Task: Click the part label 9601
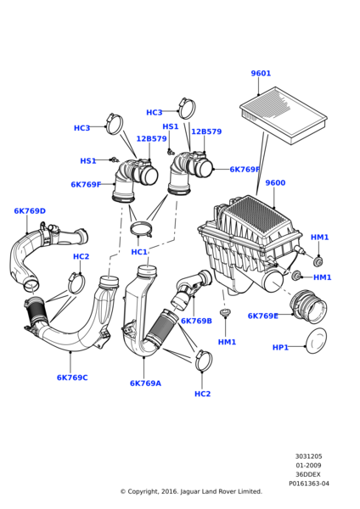click(x=261, y=73)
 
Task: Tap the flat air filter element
click(x=284, y=115)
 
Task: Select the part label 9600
click(x=275, y=182)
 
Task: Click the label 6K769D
click(x=30, y=211)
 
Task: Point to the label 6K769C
click(x=72, y=378)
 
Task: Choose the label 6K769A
click(x=145, y=383)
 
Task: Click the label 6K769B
click(x=196, y=321)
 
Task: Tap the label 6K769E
click(x=263, y=316)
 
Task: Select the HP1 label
click(x=280, y=347)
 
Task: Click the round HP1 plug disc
click(x=316, y=342)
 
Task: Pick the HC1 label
click(x=139, y=252)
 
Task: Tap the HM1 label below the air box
click(x=227, y=342)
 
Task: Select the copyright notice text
click(x=191, y=491)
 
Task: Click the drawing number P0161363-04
click(x=309, y=484)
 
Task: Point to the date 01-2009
click(x=308, y=465)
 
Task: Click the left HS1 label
click(x=88, y=161)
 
